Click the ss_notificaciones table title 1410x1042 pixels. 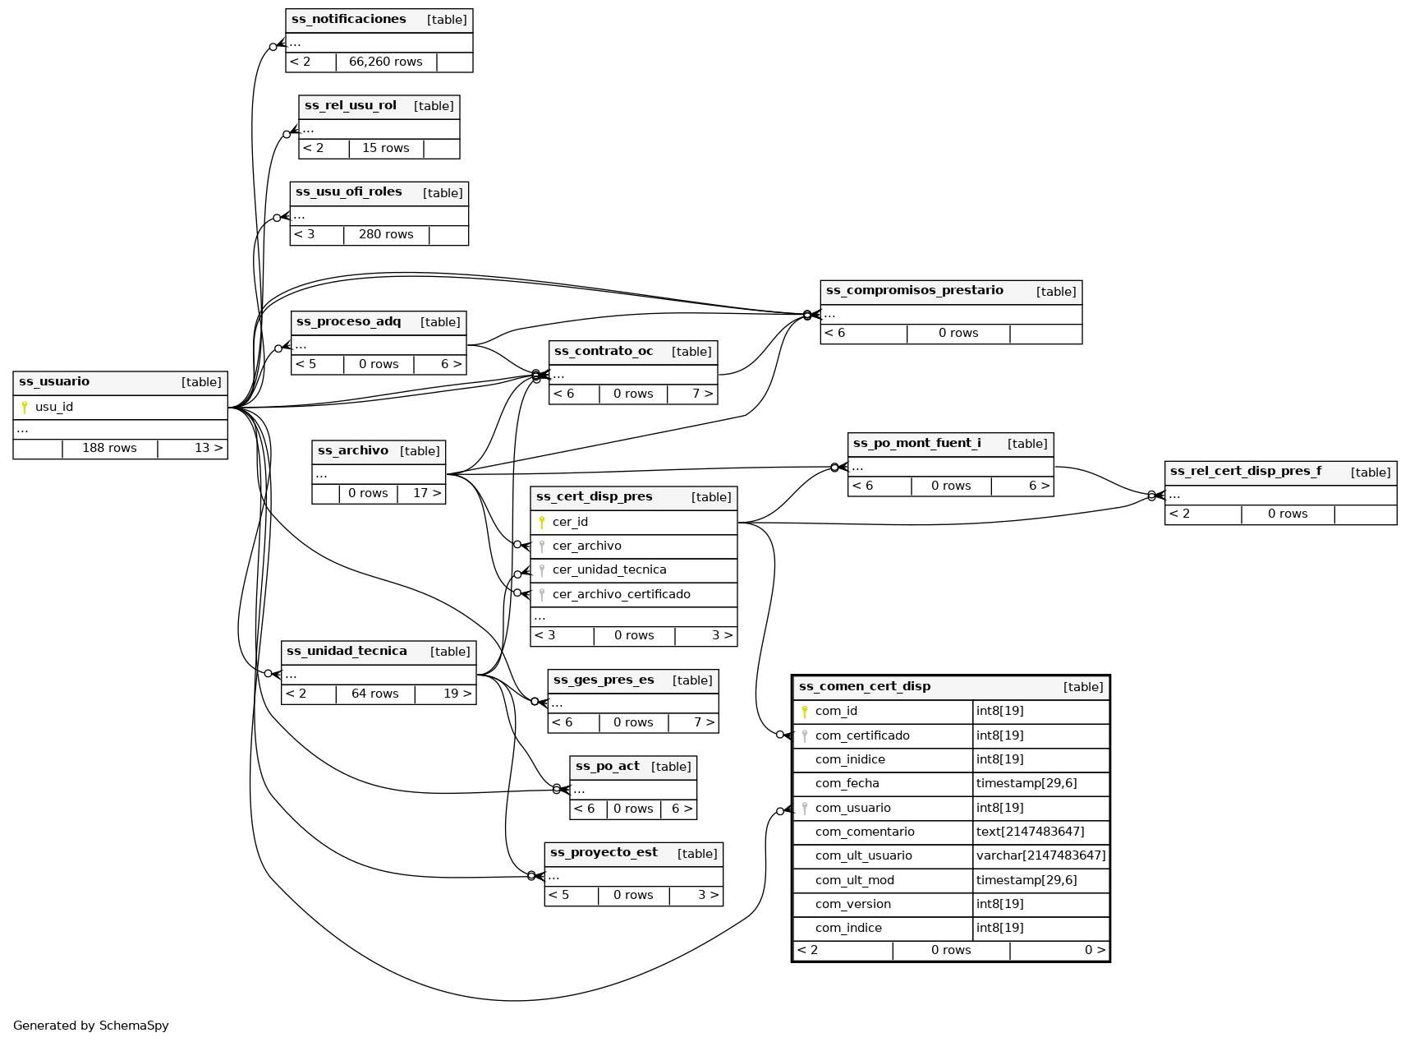349,20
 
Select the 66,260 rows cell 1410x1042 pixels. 385,62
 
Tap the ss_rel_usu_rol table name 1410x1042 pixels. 351,106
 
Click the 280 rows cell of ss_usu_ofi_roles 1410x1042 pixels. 386,234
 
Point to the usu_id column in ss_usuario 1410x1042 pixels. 54,408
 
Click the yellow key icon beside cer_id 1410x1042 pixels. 542,522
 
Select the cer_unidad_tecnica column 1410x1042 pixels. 609,570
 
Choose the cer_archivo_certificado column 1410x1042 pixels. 621,594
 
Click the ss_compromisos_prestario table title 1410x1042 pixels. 914,291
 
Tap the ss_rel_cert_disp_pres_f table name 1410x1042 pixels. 1245,472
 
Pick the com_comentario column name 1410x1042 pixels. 865,832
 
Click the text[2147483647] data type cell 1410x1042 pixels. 1030,832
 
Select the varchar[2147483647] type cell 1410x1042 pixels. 1040,855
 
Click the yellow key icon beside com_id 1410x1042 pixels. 805,712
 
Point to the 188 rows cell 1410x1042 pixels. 109,449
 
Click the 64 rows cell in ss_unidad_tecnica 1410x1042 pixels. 374,694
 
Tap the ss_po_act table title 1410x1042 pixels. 608,767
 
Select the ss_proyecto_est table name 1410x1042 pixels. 604,853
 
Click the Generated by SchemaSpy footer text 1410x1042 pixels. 90,1026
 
